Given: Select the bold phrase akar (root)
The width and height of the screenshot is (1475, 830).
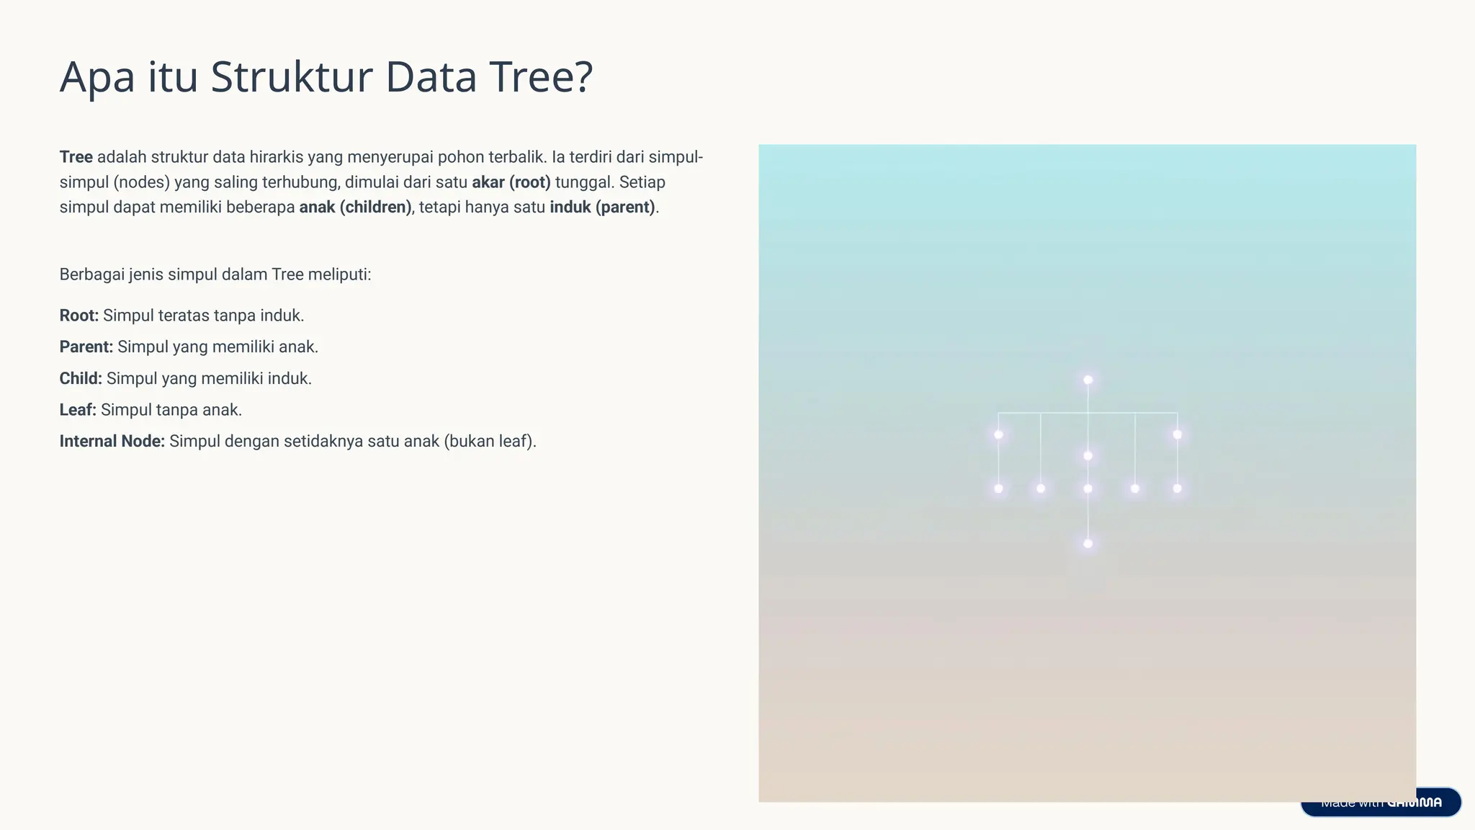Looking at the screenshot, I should [x=511, y=182].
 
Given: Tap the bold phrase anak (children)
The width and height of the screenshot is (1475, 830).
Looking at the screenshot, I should [x=355, y=207].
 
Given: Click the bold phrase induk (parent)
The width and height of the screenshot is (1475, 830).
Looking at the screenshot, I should [x=602, y=207].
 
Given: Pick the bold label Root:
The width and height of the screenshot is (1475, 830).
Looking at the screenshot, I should [x=79, y=316].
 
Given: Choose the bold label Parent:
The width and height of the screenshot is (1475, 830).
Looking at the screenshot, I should [x=86, y=347].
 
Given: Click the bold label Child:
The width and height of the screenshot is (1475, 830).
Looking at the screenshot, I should [x=81, y=379].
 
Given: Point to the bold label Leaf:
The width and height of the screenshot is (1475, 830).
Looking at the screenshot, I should [x=78, y=410].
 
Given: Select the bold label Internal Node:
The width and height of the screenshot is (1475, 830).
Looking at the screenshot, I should [x=112, y=442].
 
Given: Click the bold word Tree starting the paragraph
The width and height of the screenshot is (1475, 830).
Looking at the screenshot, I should [x=76, y=157].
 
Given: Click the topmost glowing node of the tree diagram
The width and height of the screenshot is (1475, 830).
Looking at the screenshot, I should [x=1088, y=380].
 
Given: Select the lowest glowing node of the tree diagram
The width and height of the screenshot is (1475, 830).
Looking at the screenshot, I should [x=1088, y=543].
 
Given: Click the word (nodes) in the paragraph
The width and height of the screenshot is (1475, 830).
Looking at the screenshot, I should [x=141, y=182].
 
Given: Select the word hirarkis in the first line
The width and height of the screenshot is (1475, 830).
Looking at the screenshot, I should [x=276, y=157].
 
